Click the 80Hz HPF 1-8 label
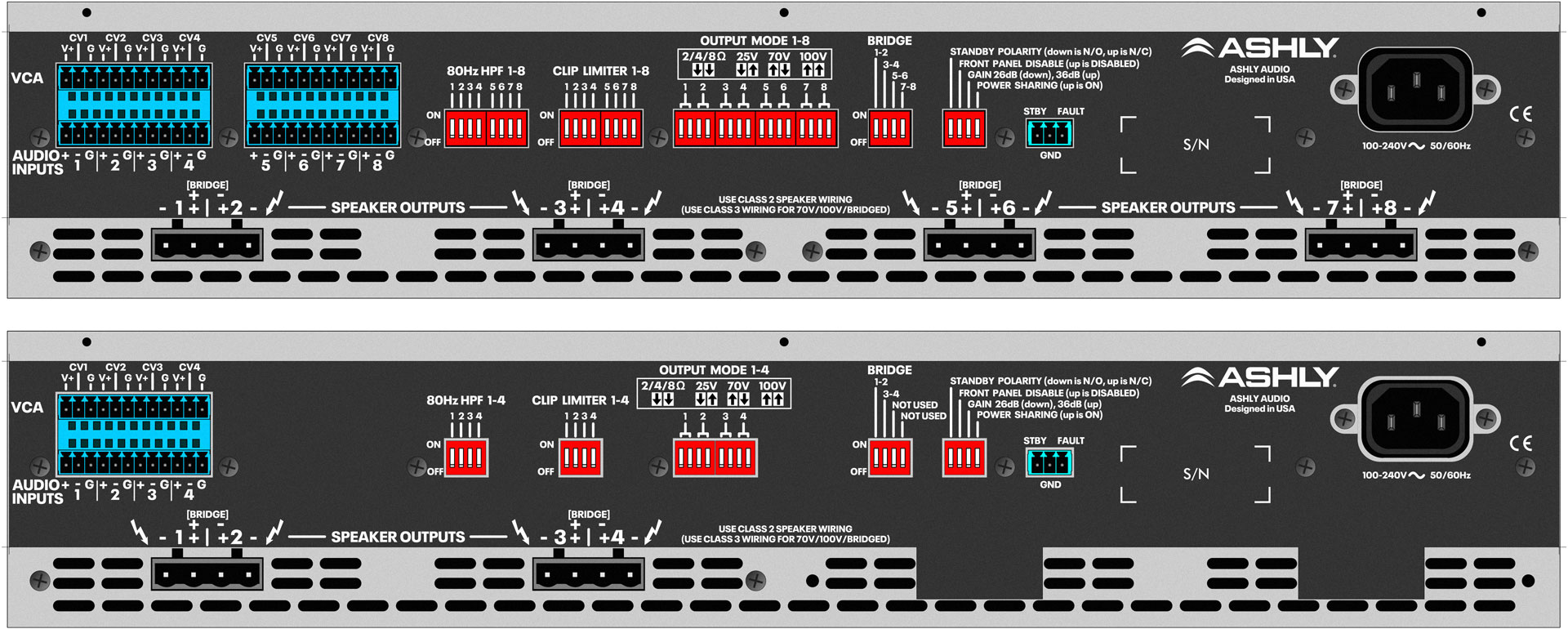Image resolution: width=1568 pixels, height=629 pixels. (485, 71)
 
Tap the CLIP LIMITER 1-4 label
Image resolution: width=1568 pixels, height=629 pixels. (580, 400)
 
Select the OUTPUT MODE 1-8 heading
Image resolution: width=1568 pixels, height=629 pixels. (755, 41)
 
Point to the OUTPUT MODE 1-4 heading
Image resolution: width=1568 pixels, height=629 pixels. (714, 370)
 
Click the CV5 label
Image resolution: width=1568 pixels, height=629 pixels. (266, 38)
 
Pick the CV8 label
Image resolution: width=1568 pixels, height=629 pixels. (378, 38)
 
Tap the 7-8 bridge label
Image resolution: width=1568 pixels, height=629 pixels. (908, 87)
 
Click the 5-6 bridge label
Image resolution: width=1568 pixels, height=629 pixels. (899, 76)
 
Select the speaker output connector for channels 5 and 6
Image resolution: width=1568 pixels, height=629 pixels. (979, 243)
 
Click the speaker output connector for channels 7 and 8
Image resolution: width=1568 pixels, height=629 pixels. (1361, 243)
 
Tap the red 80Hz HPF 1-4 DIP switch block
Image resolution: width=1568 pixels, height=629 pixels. (465, 457)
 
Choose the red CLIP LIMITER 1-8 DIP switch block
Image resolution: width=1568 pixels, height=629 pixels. (601, 128)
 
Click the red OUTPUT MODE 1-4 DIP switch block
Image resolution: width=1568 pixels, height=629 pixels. (715, 457)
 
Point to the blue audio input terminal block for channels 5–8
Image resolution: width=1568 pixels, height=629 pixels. (323, 105)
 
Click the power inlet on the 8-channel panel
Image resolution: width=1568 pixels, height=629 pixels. (1415, 87)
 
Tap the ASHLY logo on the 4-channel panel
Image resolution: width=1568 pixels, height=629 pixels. (1260, 377)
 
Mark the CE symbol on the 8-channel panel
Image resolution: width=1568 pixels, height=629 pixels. (1521, 114)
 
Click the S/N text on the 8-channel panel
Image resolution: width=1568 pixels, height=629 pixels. (1196, 145)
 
